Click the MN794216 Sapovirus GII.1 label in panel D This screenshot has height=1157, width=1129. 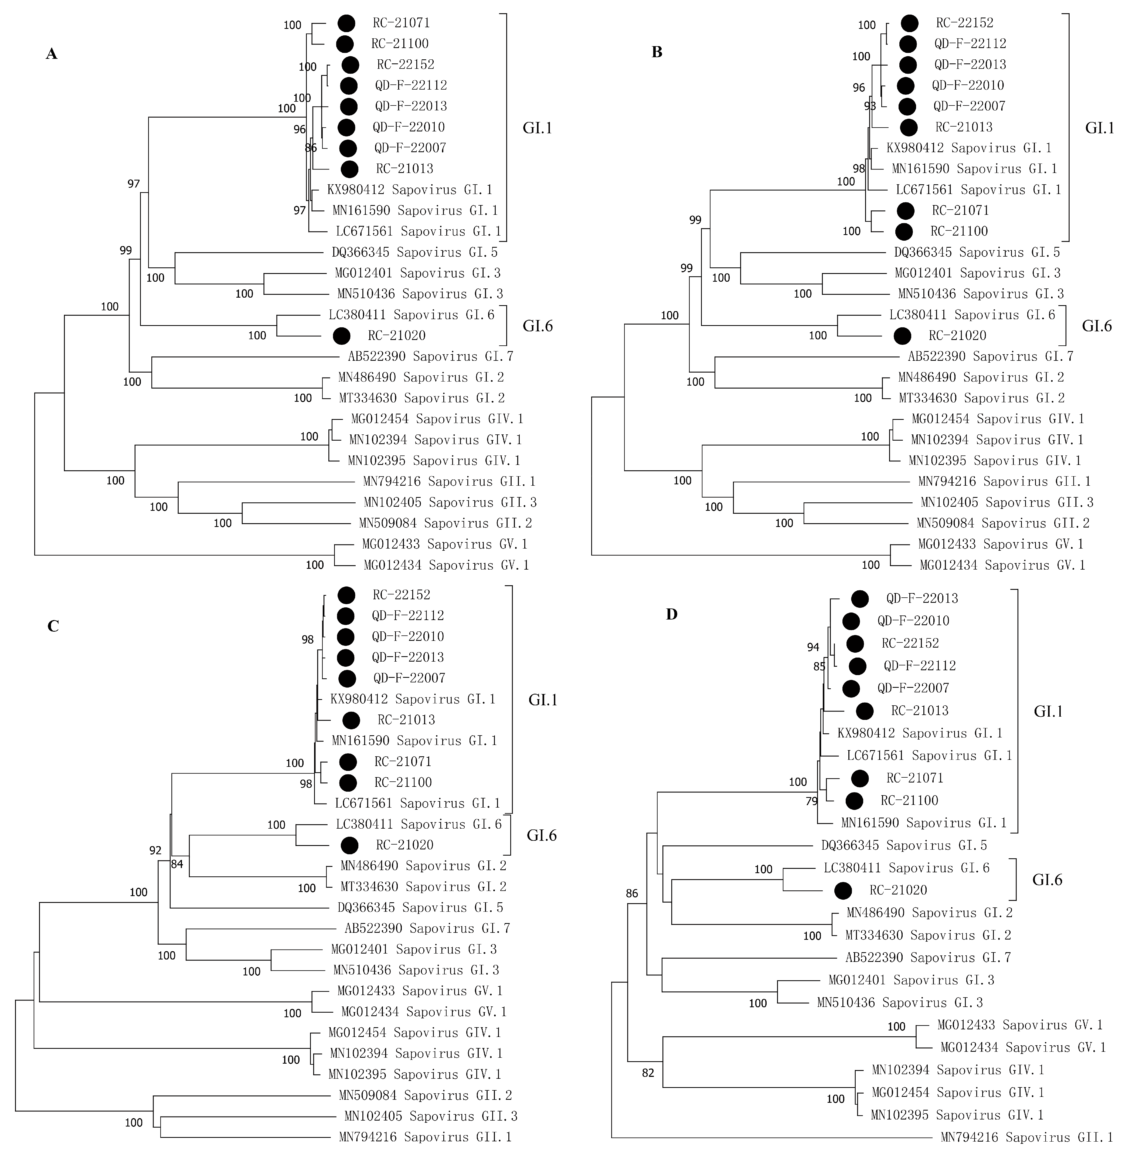click(x=1026, y=1137)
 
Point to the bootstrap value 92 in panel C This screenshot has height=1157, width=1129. click(x=155, y=850)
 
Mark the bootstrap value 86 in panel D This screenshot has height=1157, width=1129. click(x=632, y=893)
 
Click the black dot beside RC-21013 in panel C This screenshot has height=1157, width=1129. click(x=351, y=720)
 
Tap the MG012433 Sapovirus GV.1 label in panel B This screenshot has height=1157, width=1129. click(x=1000, y=544)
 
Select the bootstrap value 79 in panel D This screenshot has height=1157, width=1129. click(x=811, y=801)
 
